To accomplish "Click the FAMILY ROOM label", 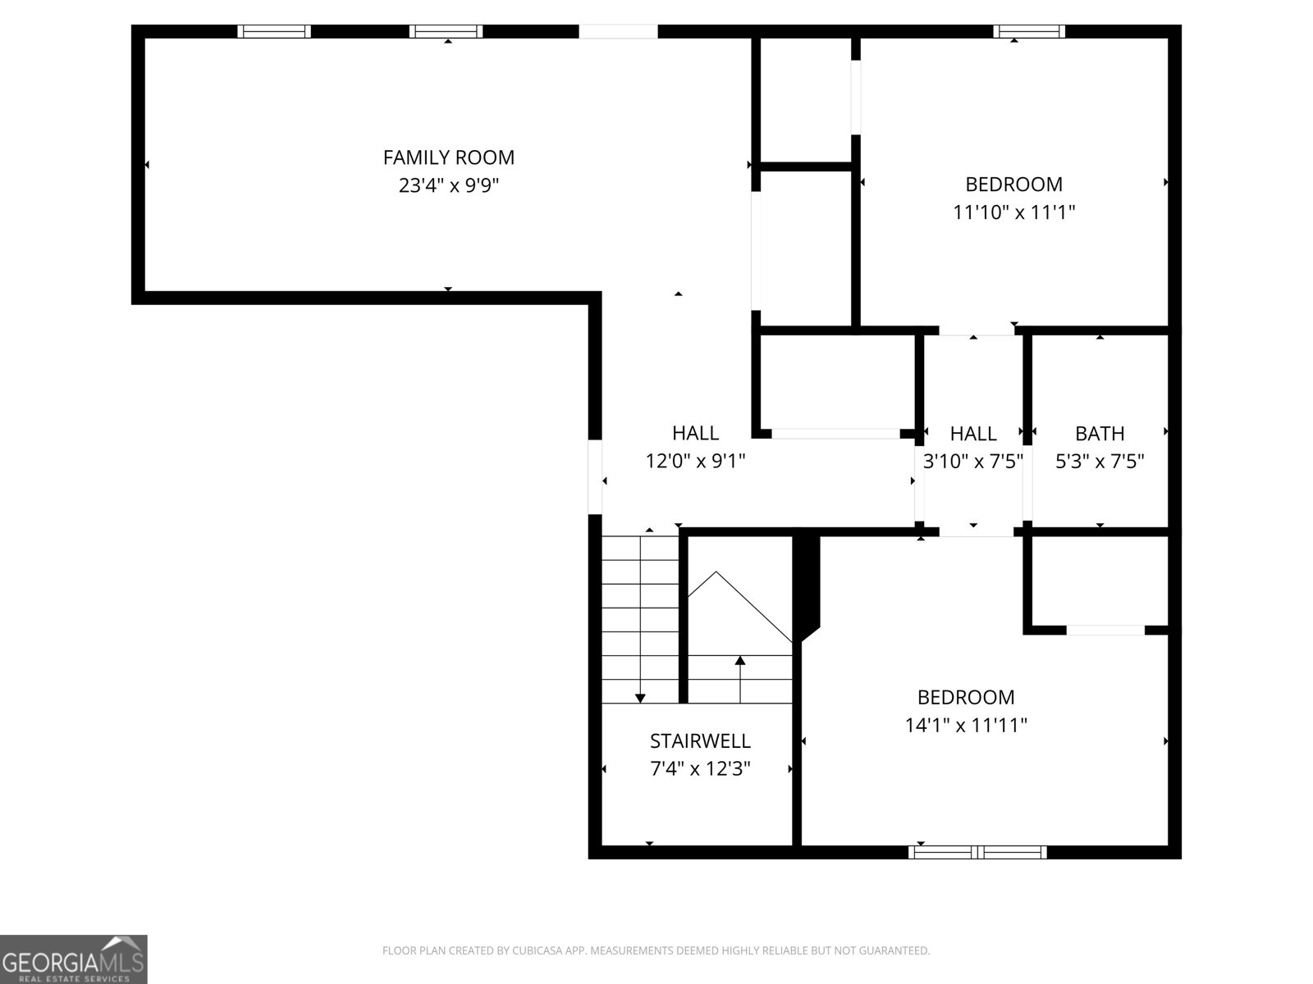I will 449,157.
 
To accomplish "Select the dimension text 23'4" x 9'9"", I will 449,185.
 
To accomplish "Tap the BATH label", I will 1100,433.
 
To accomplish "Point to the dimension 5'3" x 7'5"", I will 1100,461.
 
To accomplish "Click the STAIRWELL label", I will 700,741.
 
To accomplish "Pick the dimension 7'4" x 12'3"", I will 700,769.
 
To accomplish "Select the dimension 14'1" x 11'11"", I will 966,725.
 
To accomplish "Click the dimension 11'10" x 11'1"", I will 1013,212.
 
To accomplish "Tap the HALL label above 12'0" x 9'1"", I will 695,433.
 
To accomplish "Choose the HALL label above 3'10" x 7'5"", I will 973,433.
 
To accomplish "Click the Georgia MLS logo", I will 74,959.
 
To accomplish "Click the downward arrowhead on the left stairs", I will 640,698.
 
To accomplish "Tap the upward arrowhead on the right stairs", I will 740,660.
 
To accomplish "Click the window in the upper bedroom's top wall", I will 1029,31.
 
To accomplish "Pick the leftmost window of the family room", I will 274,31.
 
